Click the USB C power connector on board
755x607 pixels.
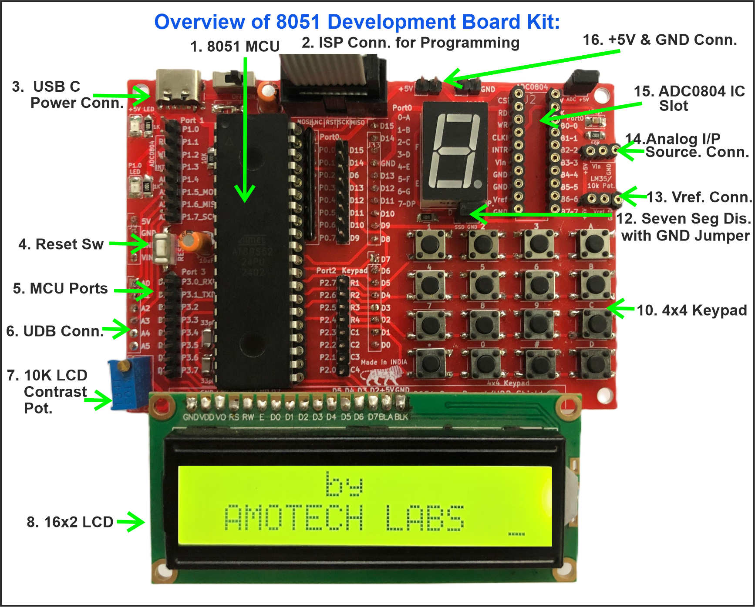point(179,89)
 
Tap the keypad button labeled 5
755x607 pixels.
point(484,285)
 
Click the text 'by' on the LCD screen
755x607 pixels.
point(344,484)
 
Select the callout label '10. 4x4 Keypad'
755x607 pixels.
point(691,310)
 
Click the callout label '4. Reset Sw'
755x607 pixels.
point(61,244)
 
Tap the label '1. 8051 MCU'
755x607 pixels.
point(235,47)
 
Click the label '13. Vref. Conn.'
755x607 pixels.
point(698,197)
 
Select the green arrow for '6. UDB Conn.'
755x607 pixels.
point(117,329)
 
